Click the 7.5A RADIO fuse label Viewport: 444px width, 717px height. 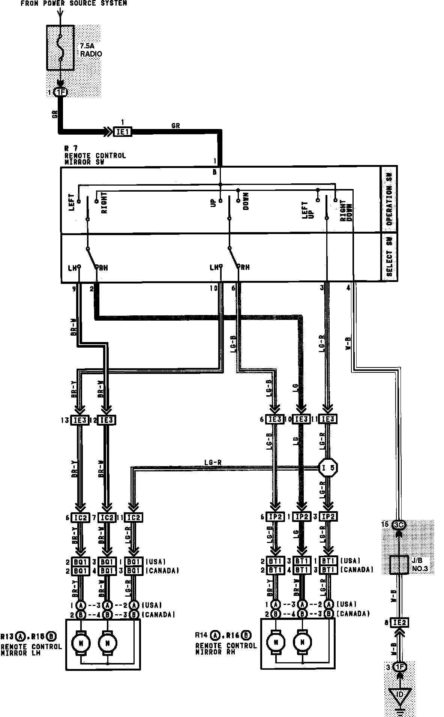91,50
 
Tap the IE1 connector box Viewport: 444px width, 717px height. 123,132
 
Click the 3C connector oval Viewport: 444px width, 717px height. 399,525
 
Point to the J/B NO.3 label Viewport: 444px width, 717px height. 421,565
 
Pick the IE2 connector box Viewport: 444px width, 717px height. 400,623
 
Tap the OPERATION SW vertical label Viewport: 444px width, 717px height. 389,199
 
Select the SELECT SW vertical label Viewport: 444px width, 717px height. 389,256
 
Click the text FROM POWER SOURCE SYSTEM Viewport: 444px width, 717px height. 73,3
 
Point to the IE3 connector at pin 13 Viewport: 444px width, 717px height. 80,420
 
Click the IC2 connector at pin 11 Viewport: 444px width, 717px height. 133,517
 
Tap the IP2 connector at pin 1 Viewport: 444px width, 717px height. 301,517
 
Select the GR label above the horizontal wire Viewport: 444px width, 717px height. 175,126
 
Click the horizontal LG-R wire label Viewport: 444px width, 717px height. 213,463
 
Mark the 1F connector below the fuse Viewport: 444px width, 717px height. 60,92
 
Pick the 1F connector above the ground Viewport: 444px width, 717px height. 400,667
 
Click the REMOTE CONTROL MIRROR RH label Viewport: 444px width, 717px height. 226,649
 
